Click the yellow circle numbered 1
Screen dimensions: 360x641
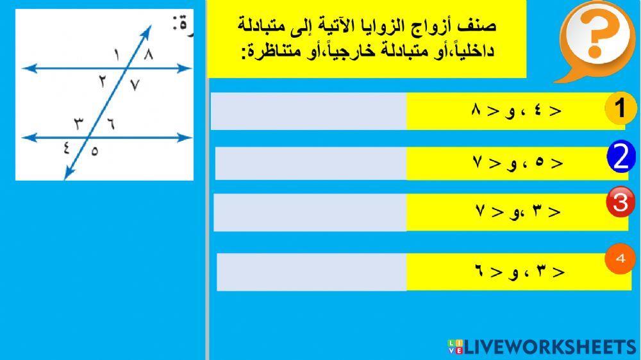pos(620,109)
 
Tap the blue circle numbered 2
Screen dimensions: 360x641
pos(620,159)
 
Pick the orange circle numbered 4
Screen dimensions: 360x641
pos(619,260)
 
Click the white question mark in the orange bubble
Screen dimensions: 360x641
pos(594,38)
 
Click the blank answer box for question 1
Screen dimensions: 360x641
pos(308,111)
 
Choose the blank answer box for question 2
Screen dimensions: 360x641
pos(310,163)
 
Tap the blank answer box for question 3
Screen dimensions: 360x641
pos(310,212)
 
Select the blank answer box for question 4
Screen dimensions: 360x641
pos(311,272)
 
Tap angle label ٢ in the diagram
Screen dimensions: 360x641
pos(103,80)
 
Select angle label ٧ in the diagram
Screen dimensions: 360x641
pos(134,84)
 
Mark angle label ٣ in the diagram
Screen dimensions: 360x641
pos(78,122)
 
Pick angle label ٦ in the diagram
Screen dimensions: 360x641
pos(110,124)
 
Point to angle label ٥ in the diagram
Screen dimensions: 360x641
pos(95,152)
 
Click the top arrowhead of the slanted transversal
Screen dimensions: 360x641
pos(148,28)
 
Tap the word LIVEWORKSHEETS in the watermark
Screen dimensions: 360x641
pos(550,347)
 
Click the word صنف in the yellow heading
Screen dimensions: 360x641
pos(481,27)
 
